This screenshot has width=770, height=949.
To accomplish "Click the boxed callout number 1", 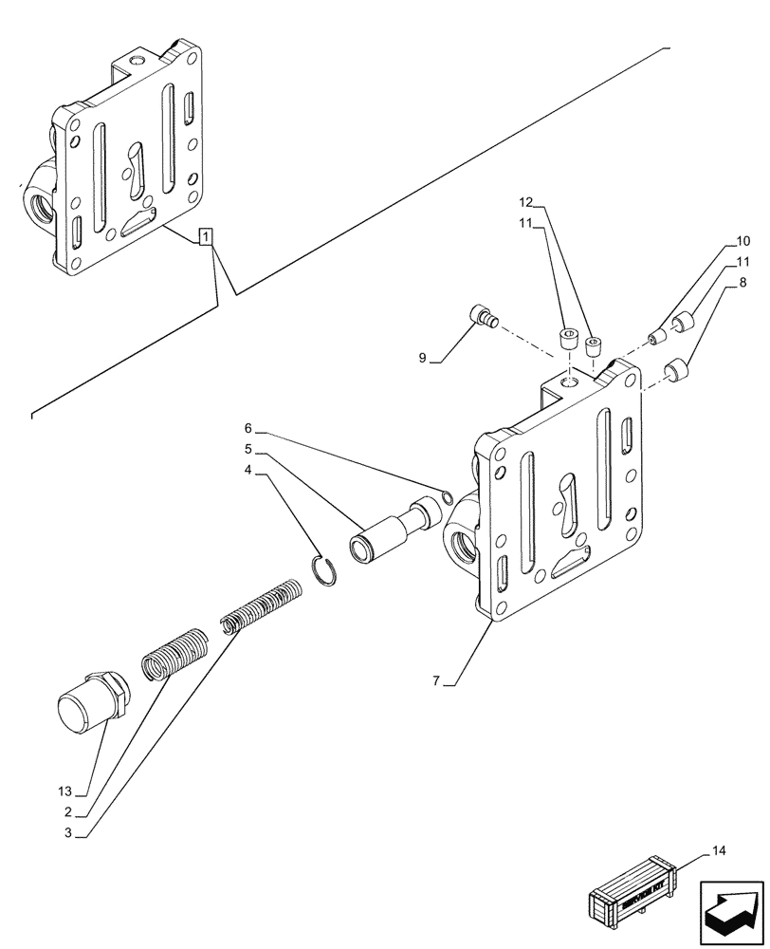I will coord(207,236).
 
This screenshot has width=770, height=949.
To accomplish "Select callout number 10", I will coord(742,241).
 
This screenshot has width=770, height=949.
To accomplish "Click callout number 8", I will coord(743,283).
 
